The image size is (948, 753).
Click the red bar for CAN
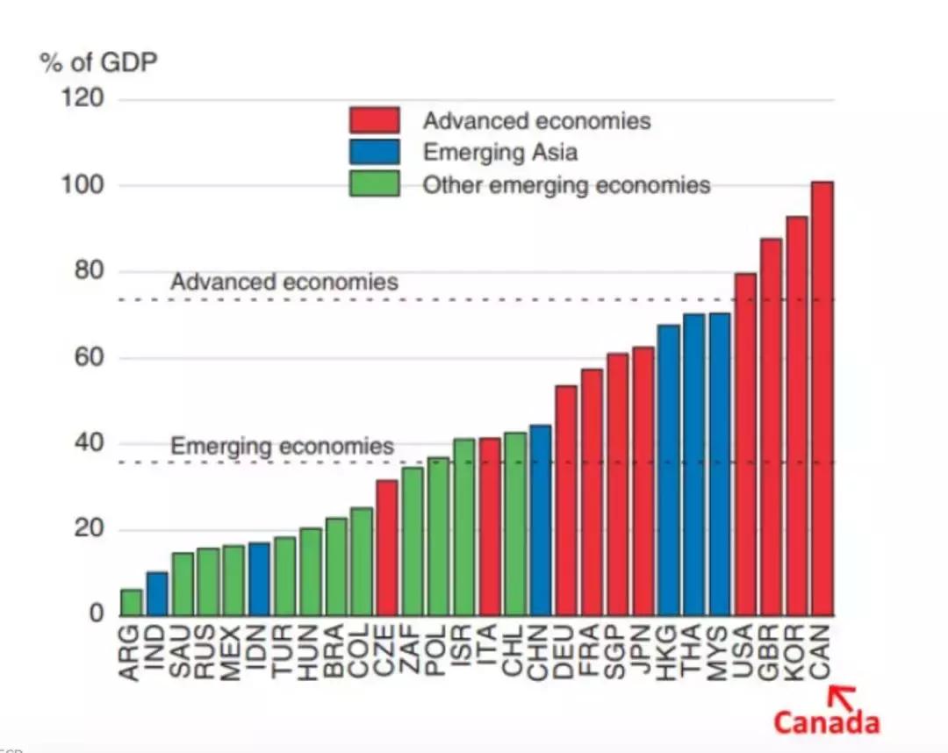point(822,398)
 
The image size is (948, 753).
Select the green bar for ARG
point(132,602)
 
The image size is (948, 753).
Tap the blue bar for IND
point(157,593)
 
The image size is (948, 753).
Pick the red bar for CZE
point(387,548)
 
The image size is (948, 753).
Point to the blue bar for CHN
point(541,520)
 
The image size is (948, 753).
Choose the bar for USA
point(745,444)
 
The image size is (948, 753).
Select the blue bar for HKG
point(669,470)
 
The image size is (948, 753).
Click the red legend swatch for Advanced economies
point(374,120)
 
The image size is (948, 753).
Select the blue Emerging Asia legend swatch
point(374,152)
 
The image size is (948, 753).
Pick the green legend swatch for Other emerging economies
point(374,184)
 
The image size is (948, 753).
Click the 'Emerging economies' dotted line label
point(282,446)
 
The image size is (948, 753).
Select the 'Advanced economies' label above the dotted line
point(284,283)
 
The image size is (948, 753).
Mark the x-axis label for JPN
point(643,651)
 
